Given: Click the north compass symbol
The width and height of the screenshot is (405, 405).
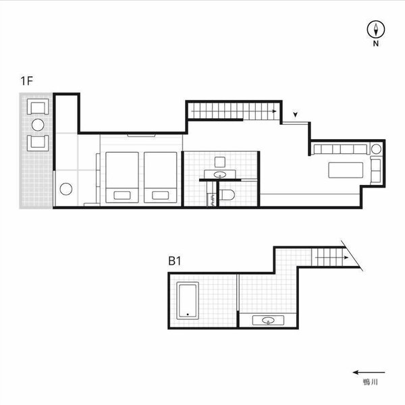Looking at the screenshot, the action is pyautogui.click(x=376, y=29).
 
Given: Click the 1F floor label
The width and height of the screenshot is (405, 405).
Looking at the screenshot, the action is pyautogui.click(x=26, y=81).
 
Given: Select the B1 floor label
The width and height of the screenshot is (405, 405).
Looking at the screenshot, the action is pyautogui.click(x=175, y=261).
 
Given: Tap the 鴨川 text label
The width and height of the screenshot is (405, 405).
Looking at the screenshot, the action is pyautogui.click(x=371, y=382).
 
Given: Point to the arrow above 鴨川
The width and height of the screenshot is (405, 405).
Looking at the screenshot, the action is pyautogui.click(x=369, y=372).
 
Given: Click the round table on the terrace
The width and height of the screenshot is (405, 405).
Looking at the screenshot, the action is pyautogui.click(x=38, y=125).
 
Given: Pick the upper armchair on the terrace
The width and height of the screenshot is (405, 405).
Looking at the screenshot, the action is pyautogui.click(x=38, y=107).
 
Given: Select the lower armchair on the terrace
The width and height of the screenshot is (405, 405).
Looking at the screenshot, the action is pyautogui.click(x=38, y=143).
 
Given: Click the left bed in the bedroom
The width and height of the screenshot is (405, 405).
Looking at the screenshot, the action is pyautogui.click(x=122, y=178).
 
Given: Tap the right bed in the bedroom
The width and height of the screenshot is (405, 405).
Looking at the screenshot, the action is pyautogui.click(x=161, y=178).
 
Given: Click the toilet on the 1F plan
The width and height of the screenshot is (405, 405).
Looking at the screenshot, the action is pyautogui.click(x=227, y=195).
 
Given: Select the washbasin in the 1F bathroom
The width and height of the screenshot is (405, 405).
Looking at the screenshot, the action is pyautogui.click(x=220, y=175).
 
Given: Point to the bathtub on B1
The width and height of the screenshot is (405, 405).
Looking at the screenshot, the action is pyautogui.click(x=188, y=300).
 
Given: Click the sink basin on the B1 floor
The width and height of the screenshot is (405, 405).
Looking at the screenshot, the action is pyautogui.click(x=268, y=321).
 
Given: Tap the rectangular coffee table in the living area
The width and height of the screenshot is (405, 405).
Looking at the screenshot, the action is pyautogui.click(x=346, y=170).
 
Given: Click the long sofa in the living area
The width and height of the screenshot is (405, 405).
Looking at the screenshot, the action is pyautogui.click(x=340, y=149).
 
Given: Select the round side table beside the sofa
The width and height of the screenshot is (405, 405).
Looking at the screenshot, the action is pyautogui.click(x=376, y=149).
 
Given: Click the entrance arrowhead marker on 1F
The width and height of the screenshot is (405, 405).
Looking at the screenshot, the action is pyautogui.click(x=296, y=115).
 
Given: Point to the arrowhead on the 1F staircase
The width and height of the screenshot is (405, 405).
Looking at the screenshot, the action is pyautogui.click(x=275, y=111).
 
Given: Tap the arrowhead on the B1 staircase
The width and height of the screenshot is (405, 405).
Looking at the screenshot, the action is pyautogui.click(x=346, y=258).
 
